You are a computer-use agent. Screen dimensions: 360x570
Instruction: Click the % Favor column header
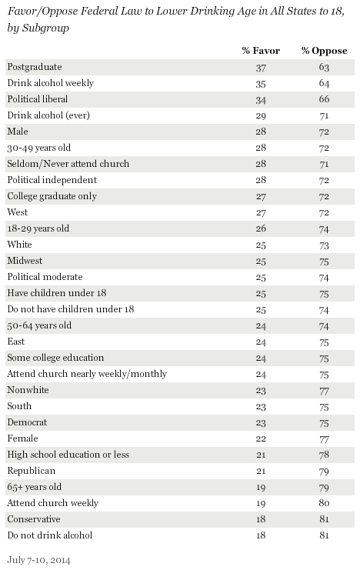[261, 51]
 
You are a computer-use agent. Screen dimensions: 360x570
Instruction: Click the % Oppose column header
[324, 51]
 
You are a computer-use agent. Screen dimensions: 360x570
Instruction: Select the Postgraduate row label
[35, 67]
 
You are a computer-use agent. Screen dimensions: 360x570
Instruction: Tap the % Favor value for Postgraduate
[261, 68]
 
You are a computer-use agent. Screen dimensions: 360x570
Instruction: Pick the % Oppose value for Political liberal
[324, 99]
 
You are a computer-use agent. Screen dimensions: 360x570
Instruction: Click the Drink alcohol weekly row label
[51, 83]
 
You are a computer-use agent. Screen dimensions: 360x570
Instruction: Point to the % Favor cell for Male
[261, 132]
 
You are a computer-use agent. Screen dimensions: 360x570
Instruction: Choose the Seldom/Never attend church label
[68, 164]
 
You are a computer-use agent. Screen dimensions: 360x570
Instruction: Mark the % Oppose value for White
[324, 245]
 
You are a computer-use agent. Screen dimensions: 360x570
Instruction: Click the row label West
[18, 212]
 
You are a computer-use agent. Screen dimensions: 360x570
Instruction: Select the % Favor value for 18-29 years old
[261, 228]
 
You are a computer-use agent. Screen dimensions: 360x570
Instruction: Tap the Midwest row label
[25, 261]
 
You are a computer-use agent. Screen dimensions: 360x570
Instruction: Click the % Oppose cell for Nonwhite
[324, 391]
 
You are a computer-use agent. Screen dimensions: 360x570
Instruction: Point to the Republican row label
[32, 471]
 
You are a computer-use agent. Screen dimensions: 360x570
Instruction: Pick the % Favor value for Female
[261, 438]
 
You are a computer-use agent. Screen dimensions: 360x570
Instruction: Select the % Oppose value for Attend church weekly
[324, 503]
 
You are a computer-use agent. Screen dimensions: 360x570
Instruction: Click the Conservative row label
[34, 519]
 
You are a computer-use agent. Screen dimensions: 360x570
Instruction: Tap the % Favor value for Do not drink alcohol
[261, 535]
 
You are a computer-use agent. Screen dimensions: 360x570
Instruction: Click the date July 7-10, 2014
[39, 560]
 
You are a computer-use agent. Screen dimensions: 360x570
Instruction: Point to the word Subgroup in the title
[46, 28]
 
